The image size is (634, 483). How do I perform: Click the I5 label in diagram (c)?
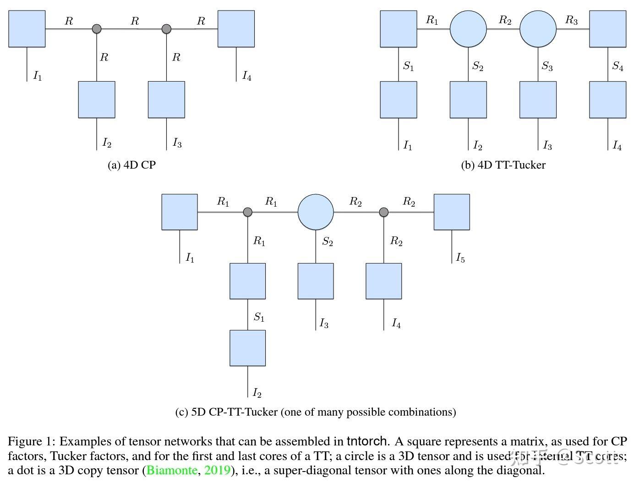click(460, 258)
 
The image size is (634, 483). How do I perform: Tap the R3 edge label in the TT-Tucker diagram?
click(571, 20)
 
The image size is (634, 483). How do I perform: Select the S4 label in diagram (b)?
click(618, 66)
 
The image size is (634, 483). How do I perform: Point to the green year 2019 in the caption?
click(216, 470)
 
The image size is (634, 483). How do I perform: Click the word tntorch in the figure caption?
click(366, 441)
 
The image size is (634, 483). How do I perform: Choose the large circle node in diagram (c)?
click(316, 212)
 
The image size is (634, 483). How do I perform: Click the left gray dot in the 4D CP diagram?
click(96, 29)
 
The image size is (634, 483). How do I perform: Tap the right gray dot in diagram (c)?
click(384, 212)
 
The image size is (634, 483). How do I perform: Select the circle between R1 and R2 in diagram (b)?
click(468, 29)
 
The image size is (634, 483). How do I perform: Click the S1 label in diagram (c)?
click(259, 317)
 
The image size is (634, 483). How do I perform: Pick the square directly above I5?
click(452, 212)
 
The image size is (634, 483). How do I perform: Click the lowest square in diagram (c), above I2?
click(247, 348)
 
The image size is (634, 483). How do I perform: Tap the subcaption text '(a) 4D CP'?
click(131, 165)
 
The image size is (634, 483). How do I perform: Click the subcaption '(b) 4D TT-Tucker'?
click(503, 165)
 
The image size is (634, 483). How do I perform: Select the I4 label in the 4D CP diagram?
click(246, 76)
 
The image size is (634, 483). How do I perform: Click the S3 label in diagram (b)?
click(547, 66)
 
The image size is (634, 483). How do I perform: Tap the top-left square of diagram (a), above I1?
click(27, 29)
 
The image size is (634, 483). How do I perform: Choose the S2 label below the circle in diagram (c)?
click(327, 242)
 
